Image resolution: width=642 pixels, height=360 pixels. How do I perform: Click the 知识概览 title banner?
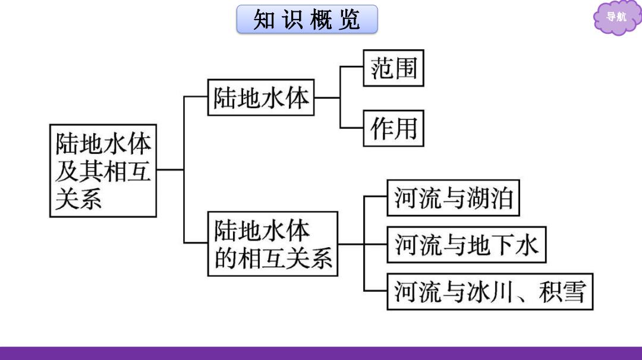[x=307, y=19]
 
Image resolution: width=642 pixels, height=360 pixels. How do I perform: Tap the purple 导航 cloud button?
[x=616, y=17]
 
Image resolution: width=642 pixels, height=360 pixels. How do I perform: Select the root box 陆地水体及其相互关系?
[x=103, y=170]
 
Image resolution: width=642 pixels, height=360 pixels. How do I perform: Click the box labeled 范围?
[x=394, y=68]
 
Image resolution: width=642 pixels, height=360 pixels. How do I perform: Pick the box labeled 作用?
[x=394, y=128]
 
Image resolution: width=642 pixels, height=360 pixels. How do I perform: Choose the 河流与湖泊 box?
[x=453, y=198]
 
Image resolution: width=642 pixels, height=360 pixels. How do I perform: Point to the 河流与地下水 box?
[x=467, y=245]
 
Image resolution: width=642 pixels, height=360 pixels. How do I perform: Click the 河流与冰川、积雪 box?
[x=490, y=292]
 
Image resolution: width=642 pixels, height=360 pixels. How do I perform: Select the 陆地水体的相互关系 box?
[x=273, y=244]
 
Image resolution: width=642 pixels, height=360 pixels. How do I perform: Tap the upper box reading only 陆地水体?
[x=261, y=97]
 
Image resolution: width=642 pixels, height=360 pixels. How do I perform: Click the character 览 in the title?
[x=350, y=19]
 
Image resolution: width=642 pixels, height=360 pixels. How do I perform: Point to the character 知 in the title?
[x=264, y=19]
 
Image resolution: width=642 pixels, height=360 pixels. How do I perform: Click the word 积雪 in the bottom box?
[x=562, y=292]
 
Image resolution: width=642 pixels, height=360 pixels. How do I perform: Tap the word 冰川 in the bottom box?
[x=490, y=292]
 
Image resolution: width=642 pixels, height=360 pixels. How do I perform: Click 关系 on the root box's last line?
[x=78, y=199]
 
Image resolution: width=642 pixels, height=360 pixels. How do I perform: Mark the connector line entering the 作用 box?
[x=352, y=128]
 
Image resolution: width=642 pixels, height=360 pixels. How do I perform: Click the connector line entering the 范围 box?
[x=352, y=67]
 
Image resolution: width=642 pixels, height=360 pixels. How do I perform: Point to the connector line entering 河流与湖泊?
[x=376, y=197]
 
